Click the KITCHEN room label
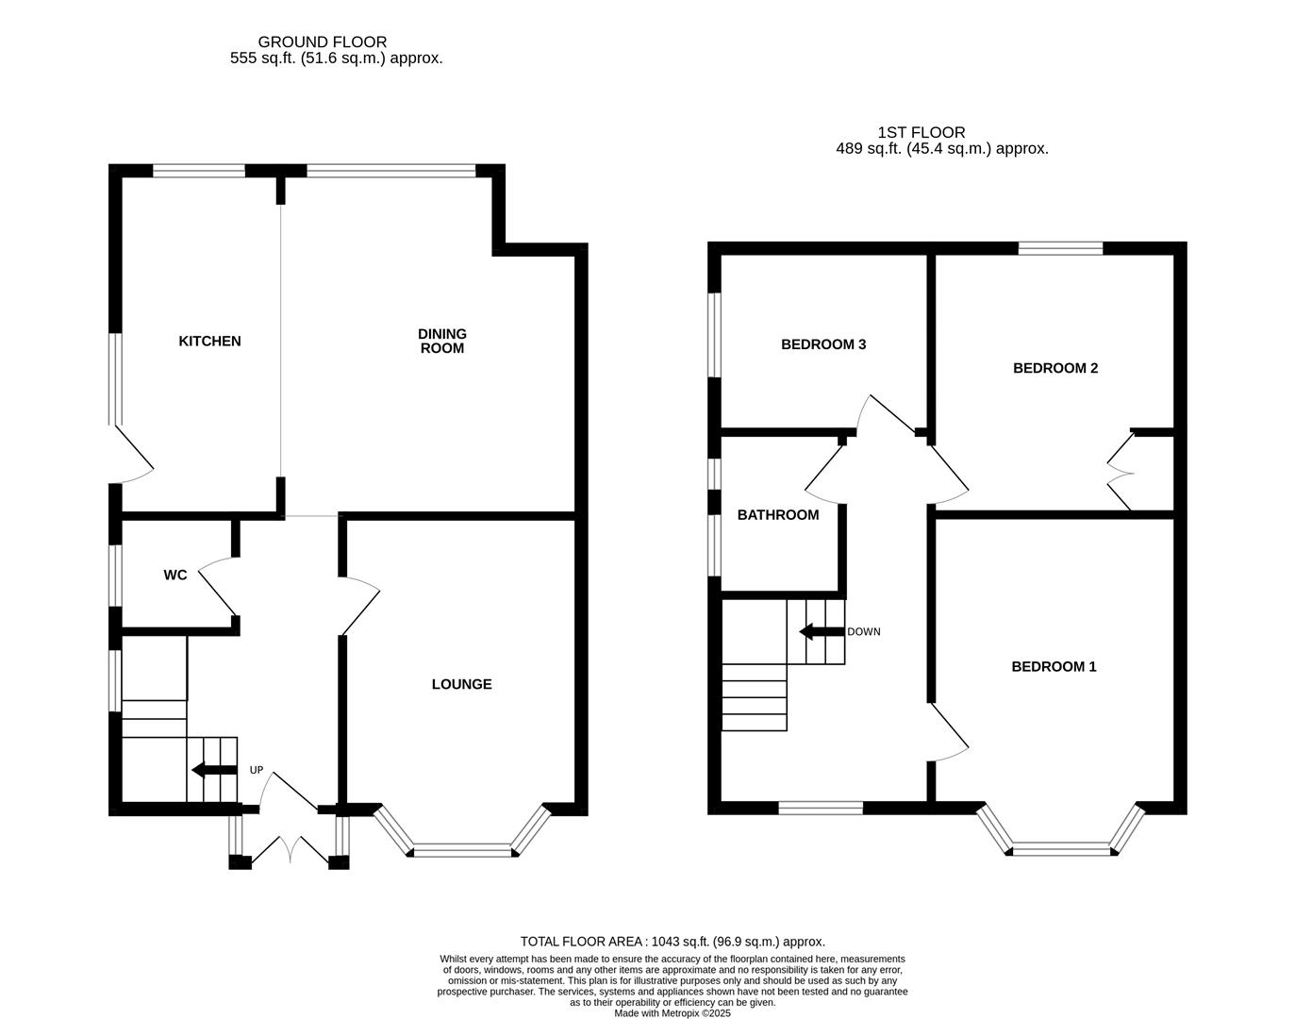pos(209,341)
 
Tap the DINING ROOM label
pos(442,341)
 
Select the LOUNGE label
pos(461,684)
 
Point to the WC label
pos(175,575)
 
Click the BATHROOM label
pos(778,514)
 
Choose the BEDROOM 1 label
pos(1054,666)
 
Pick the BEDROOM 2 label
pos(1055,368)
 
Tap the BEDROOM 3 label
pos(823,344)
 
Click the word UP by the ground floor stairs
pos(257,770)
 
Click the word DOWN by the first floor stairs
pos(863,631)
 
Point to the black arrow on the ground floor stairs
pos(212,770)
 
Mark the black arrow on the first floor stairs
pos(819,631)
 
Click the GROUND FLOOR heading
pos(322,42)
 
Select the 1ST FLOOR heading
pos(921,133)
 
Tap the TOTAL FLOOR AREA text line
pos(672,941)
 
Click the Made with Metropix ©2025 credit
pos(672,1012)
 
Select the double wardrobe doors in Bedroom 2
pos(1120,472)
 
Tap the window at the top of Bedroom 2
pos(1060,249)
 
